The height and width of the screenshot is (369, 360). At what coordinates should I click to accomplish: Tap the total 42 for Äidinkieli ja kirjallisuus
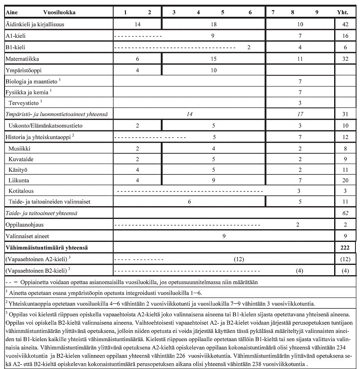point(345,25)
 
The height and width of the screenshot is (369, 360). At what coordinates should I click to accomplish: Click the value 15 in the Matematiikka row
point(213,59)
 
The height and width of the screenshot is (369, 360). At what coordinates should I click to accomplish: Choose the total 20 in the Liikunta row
point(345,180)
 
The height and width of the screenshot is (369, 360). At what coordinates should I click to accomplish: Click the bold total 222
point(344,248)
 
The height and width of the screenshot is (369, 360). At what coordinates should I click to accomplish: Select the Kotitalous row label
point(21,191)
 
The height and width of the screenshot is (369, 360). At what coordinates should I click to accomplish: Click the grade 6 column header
point(250,12)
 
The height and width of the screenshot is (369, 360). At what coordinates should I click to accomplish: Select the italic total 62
point(345,214)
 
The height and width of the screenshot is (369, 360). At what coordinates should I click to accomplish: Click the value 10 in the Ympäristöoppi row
point(213,70)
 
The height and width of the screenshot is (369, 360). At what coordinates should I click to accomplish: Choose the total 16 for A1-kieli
point(345,36)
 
